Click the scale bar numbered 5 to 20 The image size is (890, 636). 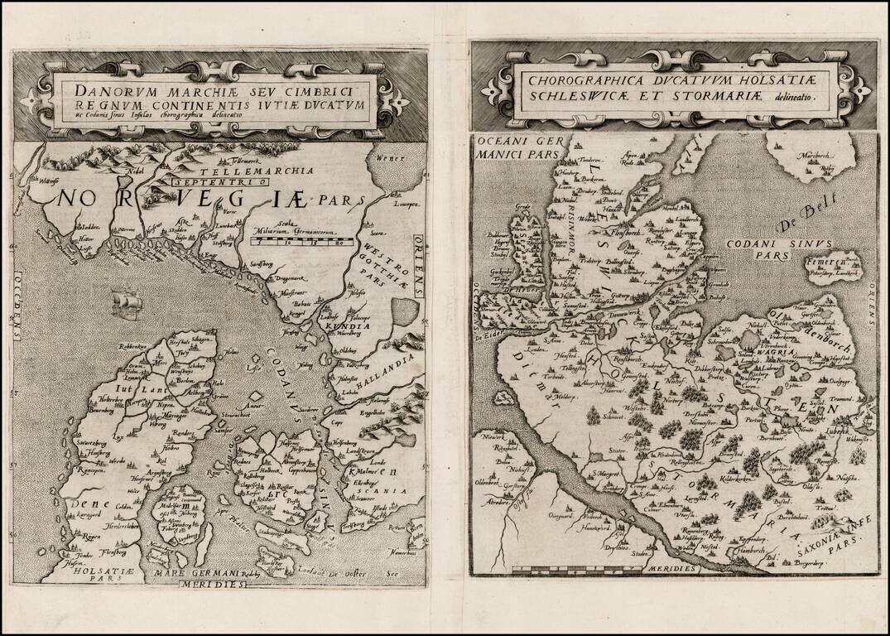[302, 243]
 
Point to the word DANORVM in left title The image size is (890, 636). [109, 90]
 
